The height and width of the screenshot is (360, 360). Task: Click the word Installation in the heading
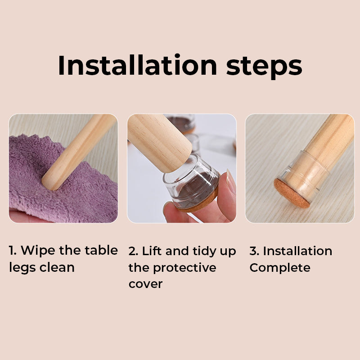pyautogui.click(x=138, y=65)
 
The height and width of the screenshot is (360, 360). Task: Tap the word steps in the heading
pyautogui.click(x=264, y=67)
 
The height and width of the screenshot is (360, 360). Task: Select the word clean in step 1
pyautogui.click(x=57, y=267)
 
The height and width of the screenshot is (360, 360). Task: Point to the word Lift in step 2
pyautogui.click(x=152, y=251)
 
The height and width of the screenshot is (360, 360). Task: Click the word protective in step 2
pyautogui.click(x=184, y=268)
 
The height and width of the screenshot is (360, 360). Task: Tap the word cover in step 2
pyautogui.click(x=145, y=284)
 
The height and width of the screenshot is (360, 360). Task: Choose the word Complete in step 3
pyautogui.click(x=280, y=268)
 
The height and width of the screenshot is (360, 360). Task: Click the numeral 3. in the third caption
pyautogui.click(x=255, y=251)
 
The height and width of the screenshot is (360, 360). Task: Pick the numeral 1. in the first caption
pyautogui.click(x=13, y=251)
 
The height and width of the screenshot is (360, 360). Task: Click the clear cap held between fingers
pyautogui.click(x=191, y=183)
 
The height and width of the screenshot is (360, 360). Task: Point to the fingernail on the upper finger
pyautogui.click(x=230, y=181)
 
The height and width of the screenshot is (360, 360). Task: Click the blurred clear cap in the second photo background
pyautogui.click(x=182, y=123)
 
